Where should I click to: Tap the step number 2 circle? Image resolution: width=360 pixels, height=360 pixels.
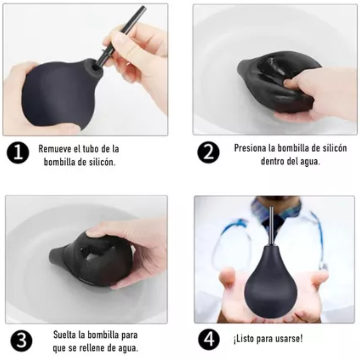(208, 153)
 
